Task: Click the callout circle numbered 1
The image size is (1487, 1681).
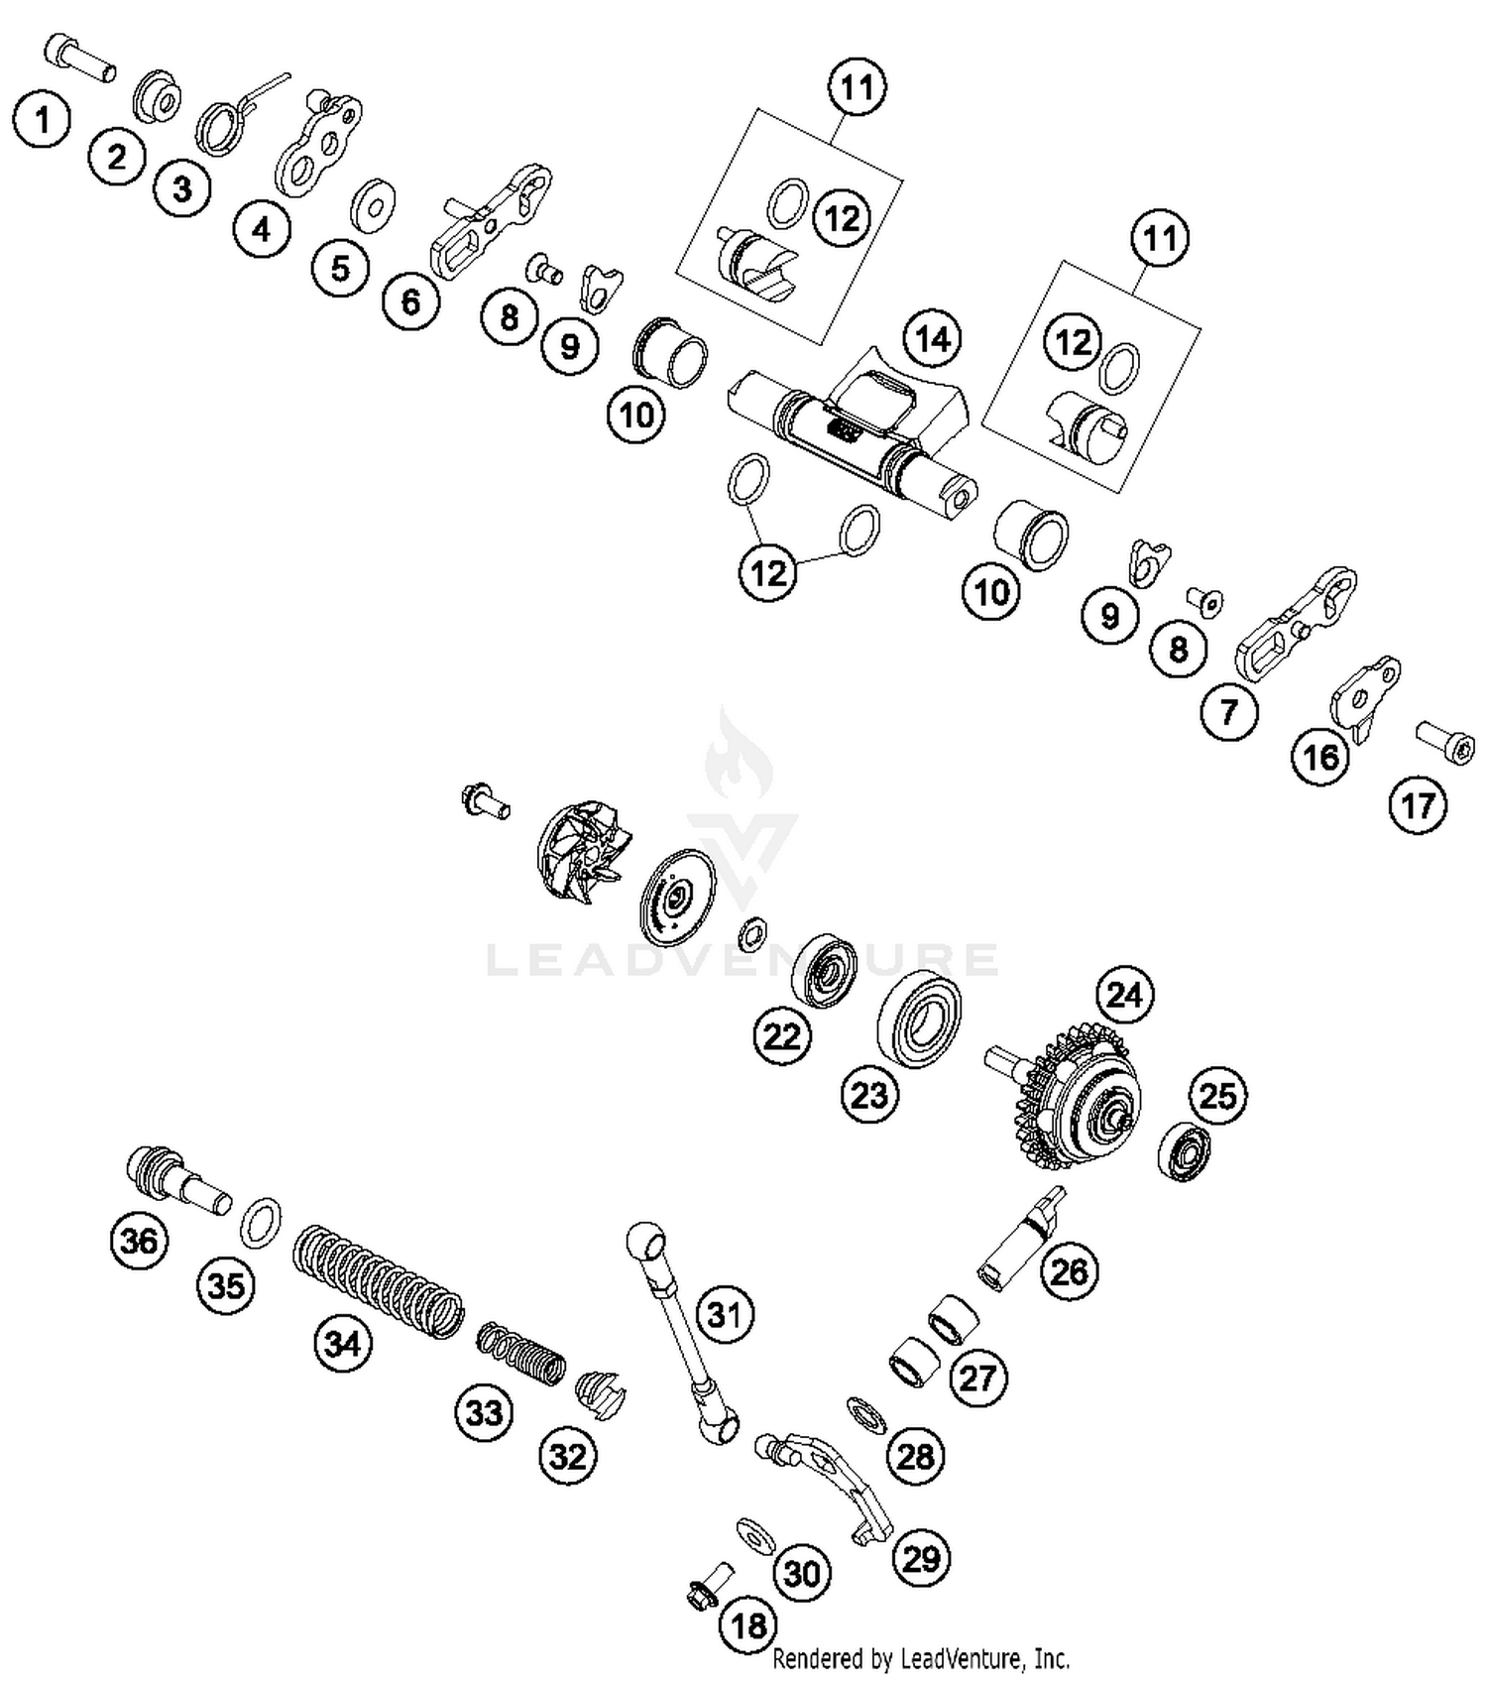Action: click(42, 121)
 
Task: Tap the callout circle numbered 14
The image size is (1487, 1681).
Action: click(932, 339)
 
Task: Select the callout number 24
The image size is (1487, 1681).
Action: click(1124, 995)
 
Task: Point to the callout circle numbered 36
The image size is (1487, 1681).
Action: click(139, 1241)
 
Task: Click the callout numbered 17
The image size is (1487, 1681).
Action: click(1418, 805)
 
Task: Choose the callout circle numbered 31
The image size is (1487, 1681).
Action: click(725, 1315)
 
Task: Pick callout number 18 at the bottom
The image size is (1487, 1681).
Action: click(748, 1624)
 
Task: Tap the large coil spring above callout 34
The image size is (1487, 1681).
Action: click(379, 1280)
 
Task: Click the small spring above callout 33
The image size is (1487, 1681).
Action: click(521, 1353)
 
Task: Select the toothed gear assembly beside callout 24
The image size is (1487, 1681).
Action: click(1076, 1101)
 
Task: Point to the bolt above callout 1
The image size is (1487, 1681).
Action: click(79, 58)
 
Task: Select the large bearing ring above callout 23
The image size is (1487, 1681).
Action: click(919, 1020)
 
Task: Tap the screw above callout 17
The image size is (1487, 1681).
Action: click(1444, 744)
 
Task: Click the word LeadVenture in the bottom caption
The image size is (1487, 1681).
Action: click(961, 1657)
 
